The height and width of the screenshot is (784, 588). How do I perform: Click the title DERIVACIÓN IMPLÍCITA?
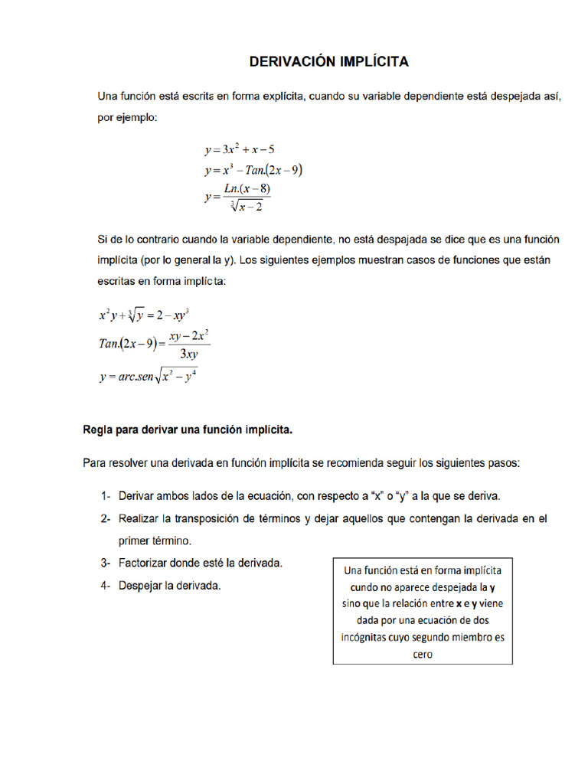point(329,61)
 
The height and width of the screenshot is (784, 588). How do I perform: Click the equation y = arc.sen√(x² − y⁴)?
point(148,377)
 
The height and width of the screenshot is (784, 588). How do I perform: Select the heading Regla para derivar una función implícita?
point(188,430)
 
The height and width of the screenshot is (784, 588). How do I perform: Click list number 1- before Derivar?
point(106,496)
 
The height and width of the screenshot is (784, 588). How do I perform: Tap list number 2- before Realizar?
point(106,518)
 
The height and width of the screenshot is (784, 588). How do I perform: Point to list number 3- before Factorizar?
point(106,563)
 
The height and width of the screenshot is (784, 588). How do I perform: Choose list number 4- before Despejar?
point(106,586)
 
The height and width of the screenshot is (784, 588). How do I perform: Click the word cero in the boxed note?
point(423,654)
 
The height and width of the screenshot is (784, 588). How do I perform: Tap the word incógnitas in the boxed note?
point(366,637)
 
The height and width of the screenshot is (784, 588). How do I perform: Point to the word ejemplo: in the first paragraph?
point(138,117)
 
